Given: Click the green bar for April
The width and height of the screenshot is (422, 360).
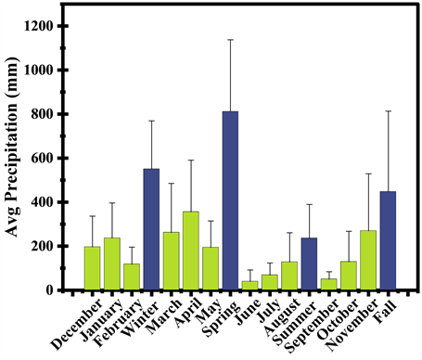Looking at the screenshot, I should tap(191, 251).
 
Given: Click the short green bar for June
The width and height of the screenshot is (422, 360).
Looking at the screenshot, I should tap(250, 285).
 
